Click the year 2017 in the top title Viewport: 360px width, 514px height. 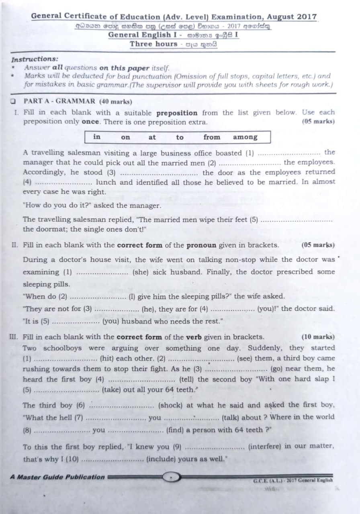coord(307,17)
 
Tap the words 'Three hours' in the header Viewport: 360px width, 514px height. coord(153,44)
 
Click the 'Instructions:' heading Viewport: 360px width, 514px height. coord(35,59)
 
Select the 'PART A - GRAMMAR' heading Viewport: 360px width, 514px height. coord(59,102)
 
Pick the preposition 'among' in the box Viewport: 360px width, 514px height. coord(245,137)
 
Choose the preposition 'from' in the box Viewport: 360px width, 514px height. coord(212,137)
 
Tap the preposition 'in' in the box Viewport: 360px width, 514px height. coord(97,137)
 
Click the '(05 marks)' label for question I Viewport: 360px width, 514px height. coord(318,122)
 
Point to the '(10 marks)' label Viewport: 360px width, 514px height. coord(318,337)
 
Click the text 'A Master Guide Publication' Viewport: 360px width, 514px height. coord(57,477)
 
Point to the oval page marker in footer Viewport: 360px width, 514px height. coord(172,477)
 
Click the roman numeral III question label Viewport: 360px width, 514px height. coord(14,337)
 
